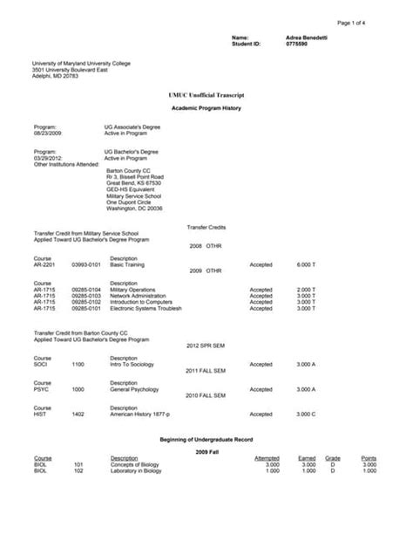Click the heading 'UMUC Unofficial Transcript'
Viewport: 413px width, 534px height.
[206, 92]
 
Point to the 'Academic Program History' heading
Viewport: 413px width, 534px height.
[206, 107]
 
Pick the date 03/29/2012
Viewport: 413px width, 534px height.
[48, 159]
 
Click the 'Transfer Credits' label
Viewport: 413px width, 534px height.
[206, 227]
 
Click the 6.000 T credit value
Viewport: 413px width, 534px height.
[306, 264]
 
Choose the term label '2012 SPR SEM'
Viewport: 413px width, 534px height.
[206, 346]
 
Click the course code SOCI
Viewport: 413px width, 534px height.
[41, 363]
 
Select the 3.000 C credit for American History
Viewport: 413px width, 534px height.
[306, 414]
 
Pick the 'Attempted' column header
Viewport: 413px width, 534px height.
[267, 457]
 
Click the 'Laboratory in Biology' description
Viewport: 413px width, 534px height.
[140, 470]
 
